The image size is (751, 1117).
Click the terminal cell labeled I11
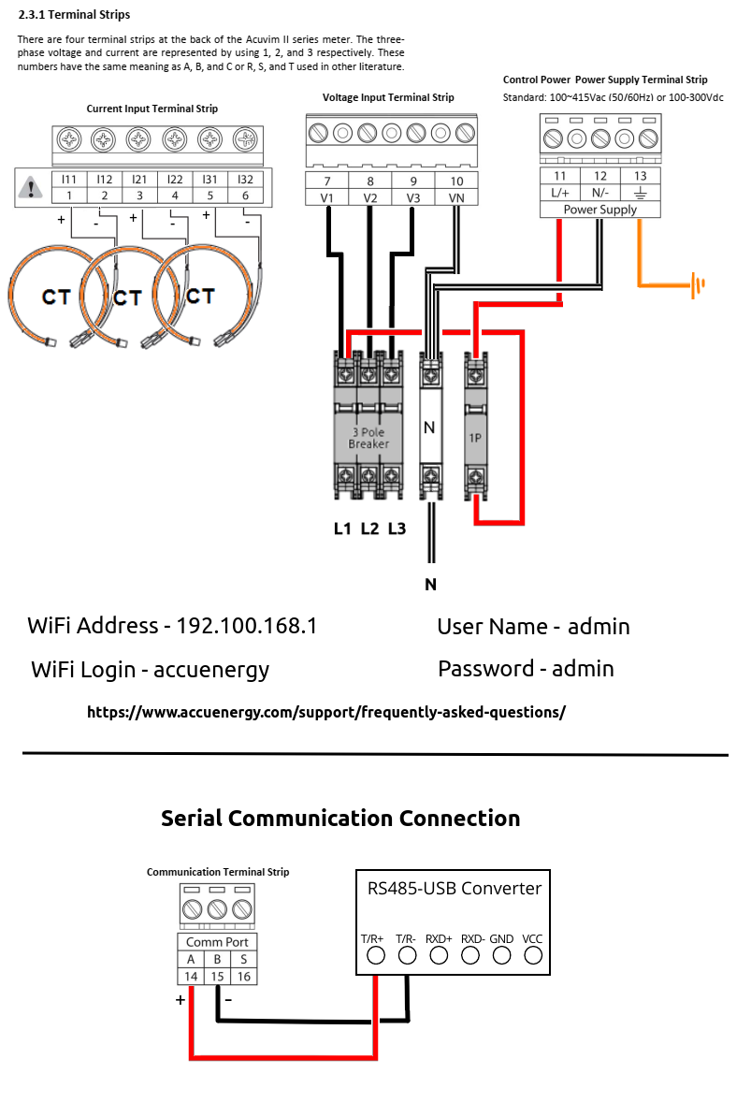(69, 179)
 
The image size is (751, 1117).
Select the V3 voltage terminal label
(413, 197)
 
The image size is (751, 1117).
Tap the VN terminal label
(456, 197)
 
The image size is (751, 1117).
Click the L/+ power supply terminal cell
(560, 192)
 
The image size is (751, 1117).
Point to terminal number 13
(640, 176)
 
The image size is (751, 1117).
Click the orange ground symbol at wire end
(697, 284)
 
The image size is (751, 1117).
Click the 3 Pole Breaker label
(368, 438)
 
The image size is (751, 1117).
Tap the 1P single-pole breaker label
(476, 438)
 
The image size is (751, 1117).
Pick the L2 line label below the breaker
(369, 529)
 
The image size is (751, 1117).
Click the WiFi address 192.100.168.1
(247, 626)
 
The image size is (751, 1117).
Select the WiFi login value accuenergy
(211, 670)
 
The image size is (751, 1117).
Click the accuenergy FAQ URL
(326, 712)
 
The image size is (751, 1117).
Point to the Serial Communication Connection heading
(340, 819)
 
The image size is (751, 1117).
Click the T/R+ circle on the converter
(376, 955)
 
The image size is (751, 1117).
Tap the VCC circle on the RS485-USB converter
(533, 955)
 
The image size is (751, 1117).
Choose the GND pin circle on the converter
(501, 955)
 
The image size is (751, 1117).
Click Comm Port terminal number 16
(243, 976)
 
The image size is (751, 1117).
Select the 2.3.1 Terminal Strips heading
(75, 15)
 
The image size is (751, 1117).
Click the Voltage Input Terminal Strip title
(388, 97)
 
